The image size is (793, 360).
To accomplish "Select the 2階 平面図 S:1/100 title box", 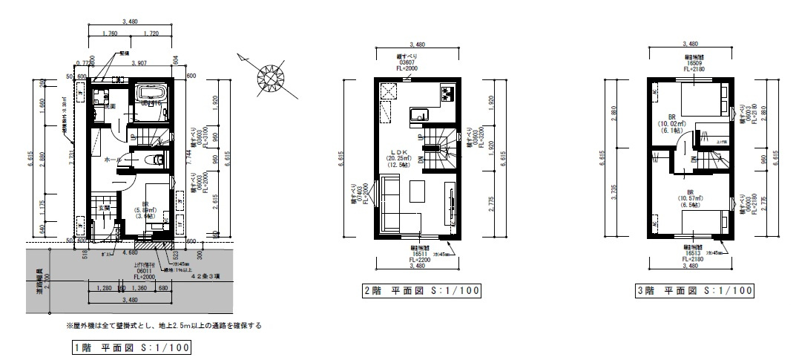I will coord(420,290).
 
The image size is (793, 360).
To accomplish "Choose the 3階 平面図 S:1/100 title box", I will coord(697,290).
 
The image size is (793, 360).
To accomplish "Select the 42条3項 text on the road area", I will coord(204,276).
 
